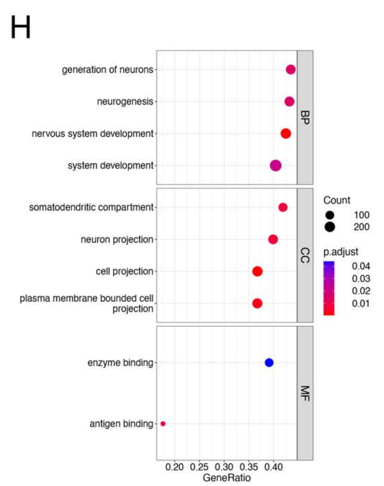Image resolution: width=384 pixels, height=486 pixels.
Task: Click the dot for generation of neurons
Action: point(290,70)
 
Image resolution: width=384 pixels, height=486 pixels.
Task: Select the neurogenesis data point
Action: point(289,102)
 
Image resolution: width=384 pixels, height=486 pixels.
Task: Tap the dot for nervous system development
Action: point(286,133)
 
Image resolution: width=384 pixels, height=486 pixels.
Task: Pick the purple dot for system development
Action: point(276,165)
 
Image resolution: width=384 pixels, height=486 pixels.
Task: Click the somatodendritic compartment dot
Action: point(283,207)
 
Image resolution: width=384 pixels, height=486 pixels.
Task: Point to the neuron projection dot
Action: point(273,239)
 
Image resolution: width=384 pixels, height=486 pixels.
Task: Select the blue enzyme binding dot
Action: point(269,362)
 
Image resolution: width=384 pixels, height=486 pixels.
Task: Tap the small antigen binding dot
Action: point(163,424)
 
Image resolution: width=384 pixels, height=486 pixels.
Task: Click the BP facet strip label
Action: point(305,117)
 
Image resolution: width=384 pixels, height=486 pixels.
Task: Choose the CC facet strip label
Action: point(305,255)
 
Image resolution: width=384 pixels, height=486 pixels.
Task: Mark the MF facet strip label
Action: point(305,393)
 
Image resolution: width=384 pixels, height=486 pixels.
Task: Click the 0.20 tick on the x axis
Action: point(174,467)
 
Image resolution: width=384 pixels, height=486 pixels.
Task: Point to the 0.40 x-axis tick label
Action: point(274,467)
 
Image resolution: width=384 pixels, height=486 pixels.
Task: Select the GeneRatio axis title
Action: point(227,478)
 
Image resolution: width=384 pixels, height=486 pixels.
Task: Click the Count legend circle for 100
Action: point(330,215)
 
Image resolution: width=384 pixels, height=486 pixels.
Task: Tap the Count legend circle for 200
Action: point(330,227)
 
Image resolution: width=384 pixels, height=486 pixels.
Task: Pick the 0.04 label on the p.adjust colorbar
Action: point(361,266)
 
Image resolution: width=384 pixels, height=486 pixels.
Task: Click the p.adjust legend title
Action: point(341,252)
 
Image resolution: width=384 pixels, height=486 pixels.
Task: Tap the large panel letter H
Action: point(21,27)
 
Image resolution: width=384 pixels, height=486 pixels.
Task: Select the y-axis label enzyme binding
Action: point(120,362)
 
